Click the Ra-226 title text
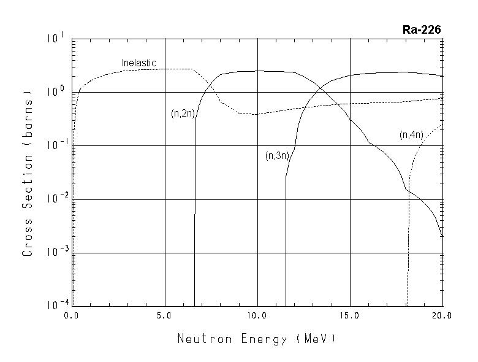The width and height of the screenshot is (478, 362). tap(422, 29)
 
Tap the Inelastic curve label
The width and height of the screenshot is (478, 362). tap(138, 63)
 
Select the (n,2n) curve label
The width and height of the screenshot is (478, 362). tap(182, 114)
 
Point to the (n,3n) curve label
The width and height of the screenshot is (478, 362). tap(277, 156)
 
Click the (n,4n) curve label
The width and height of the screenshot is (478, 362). tap(411, 134)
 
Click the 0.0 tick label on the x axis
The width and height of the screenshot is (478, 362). tap(72, 316)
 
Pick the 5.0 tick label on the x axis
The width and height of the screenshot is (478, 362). tap(165, 316)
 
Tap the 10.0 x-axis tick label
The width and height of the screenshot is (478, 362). tap(257, 316)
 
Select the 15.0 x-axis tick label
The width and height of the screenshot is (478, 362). tap(350, 316)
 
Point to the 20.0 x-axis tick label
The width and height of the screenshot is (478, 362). tap(442, 316)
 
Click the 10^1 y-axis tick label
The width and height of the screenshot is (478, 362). tap(55, 39)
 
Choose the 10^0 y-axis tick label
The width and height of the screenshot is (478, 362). tap(55, 92)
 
